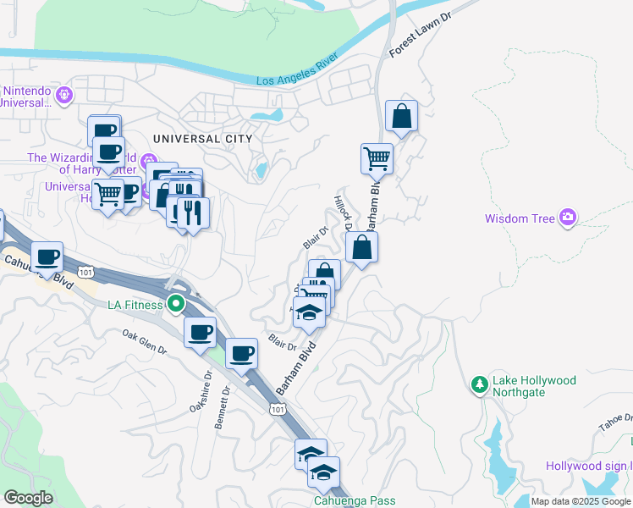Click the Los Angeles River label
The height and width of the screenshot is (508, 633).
pyautogui.click(x=296, y=71)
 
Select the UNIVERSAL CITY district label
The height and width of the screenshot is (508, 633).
pyautogui.click(x=202, y=138)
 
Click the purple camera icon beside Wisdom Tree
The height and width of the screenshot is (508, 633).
pyautogui.click(x=567, y=218)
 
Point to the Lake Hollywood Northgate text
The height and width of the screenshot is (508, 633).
pyautogui.click(x=535, y=387)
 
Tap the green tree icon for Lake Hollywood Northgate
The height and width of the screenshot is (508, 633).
pyautogui.click(x=479, y=385)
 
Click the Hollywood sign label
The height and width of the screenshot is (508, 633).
pyautogui.click(x=587, y=466)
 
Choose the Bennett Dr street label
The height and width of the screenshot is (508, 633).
pyautogui.click(x=223, y=409)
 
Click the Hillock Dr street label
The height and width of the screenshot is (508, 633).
pyautogui.click(x=343, y=215)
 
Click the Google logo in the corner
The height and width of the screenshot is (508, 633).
pyautogui.click(x=28, y=498)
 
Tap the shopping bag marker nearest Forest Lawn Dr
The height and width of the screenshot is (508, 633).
pyautogui.click(x=401, y=117)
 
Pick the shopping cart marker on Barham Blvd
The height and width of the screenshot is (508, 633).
pyautogui.click(x=377, y=157)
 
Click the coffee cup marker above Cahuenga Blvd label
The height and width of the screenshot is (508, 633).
pyautogui.click(x=47, y=256)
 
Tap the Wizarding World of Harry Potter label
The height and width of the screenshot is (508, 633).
pyautogui.click(x=84, y=163)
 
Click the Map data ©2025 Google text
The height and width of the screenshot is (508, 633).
pyautogui.click(x=581, y=501)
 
